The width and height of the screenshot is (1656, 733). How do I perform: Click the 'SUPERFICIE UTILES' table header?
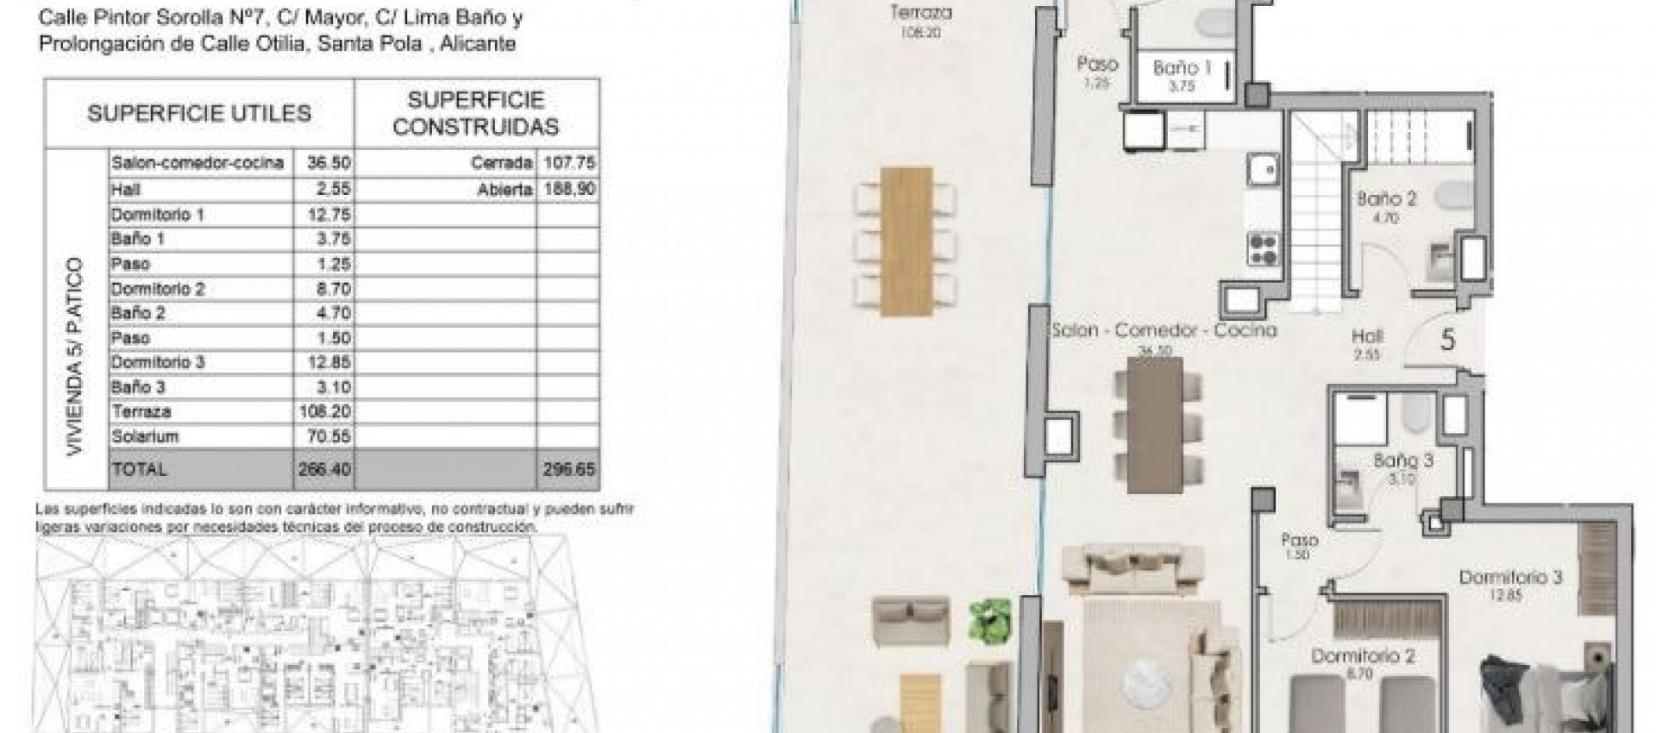[199, 113]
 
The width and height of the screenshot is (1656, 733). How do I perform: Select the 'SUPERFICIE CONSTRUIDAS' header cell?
[476, 113]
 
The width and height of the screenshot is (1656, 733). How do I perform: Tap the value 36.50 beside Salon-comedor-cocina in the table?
[323, 163]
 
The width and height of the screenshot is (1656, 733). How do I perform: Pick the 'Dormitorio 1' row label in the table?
[158, 214]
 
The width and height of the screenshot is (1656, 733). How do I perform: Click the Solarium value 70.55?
[323, 436]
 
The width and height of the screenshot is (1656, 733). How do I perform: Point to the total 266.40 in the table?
[323, 469]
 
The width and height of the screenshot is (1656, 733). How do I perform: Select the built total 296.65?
[568, 469]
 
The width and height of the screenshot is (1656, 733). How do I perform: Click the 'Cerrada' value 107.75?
[568, 163]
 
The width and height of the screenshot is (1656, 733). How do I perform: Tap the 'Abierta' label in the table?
[505, 189]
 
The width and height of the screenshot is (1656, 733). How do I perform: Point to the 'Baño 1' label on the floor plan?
[1176, 67]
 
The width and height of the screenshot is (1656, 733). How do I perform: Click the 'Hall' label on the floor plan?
[1368, 337]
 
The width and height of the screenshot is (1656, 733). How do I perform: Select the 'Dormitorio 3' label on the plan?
[1510, 577]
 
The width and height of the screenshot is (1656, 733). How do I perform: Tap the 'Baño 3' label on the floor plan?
[1403, 460]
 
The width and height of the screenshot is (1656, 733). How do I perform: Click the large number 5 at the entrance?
[1448, 340]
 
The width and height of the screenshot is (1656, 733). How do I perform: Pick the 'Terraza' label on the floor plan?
[920, 13]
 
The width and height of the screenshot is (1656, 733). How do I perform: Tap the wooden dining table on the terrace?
[906, 241]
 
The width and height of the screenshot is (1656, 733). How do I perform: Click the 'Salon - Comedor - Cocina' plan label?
[1164, 330]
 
